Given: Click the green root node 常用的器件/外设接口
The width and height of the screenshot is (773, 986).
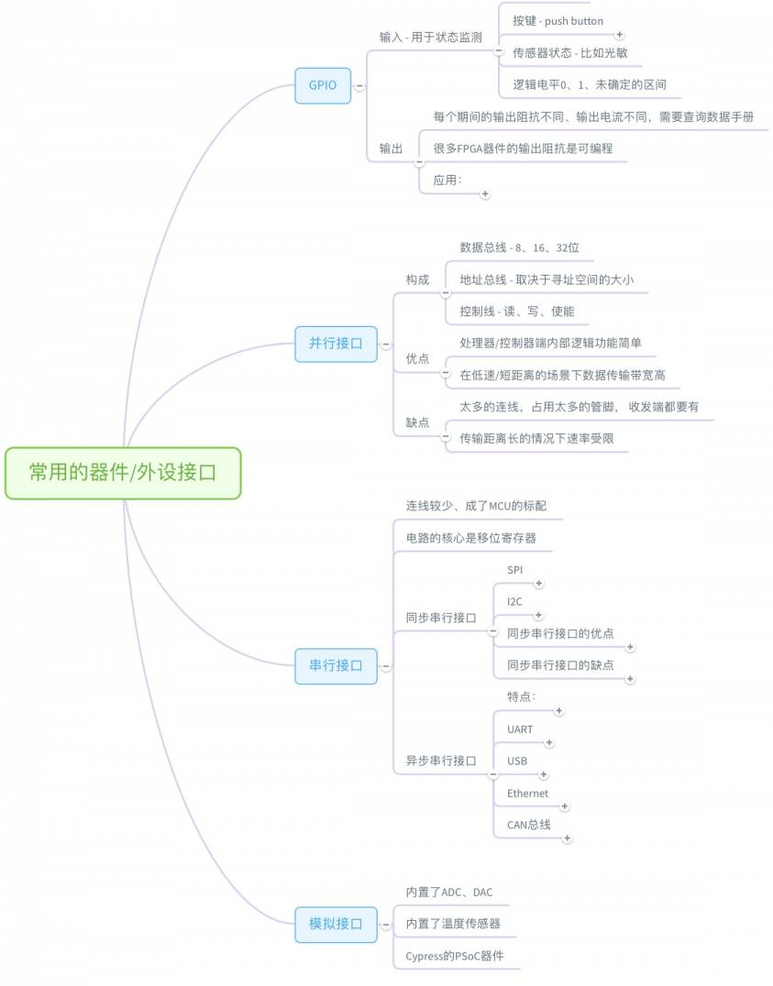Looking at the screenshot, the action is pos(123,473).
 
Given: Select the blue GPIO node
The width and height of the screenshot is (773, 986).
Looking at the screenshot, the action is pos(323,85).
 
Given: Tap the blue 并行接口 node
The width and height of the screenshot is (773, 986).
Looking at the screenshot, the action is pos(337,344).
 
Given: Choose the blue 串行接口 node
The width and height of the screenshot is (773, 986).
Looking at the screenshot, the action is pos(337,666).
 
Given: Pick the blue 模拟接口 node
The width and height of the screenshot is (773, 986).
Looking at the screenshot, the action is pos(337,925).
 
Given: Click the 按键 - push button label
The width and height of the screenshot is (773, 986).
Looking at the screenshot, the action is pos(558,21).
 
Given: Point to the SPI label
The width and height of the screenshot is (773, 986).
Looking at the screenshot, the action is pos(515,570).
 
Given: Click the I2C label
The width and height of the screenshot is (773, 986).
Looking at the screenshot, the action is pos(514,602).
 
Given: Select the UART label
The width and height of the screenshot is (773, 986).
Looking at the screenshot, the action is pos(520,729).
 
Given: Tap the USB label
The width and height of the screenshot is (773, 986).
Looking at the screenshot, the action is pos(517,761).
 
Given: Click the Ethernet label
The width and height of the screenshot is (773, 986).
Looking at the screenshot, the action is pos(527,794).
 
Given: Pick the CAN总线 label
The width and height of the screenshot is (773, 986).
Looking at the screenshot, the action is pos(529,825).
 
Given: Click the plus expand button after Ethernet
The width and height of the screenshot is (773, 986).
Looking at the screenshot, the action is pos(565,806).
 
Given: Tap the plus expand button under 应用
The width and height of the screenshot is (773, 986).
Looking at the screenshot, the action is pos(485,194).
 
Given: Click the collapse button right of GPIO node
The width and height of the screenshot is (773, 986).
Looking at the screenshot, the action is pos(359,85).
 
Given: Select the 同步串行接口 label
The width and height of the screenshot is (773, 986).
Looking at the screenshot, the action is pos(441,619).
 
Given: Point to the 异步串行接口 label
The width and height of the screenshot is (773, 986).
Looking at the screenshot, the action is pos(441,761).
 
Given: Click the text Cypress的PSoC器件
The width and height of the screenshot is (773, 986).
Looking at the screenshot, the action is pos(455,956).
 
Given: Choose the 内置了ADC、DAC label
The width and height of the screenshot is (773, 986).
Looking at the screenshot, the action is pos(448,893).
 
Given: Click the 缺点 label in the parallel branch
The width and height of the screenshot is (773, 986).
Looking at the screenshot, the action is pos(417,422).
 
